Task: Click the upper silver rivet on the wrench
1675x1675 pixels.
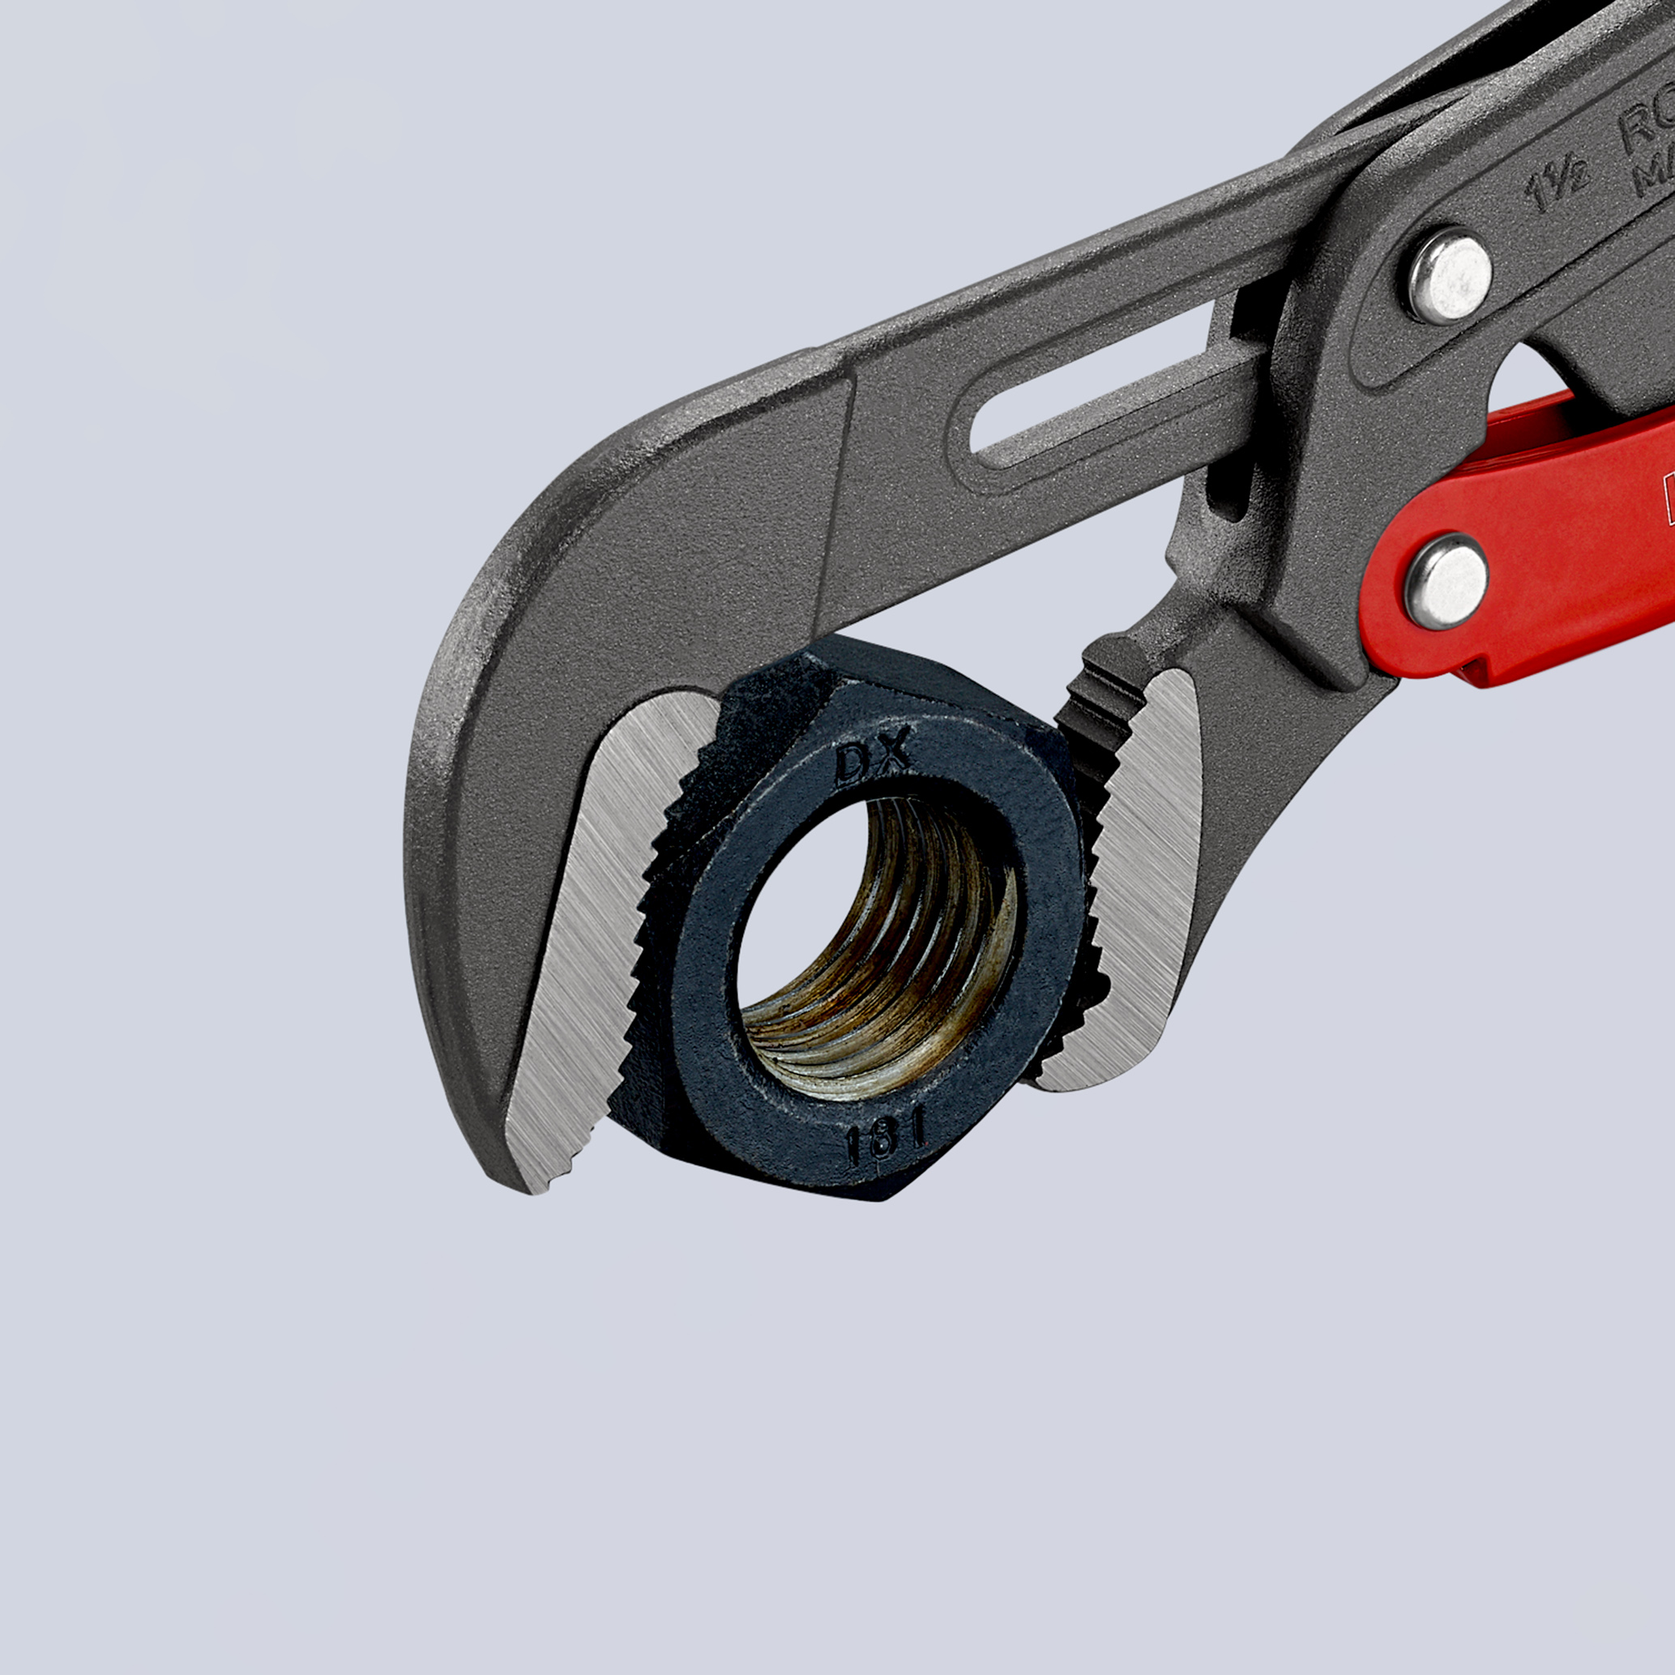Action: coord(1449,276)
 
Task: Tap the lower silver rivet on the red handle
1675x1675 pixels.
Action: coord(1445,581)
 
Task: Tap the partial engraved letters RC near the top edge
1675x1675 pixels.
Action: coord(1639,130)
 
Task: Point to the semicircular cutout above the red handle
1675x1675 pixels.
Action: coord(1543,373)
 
